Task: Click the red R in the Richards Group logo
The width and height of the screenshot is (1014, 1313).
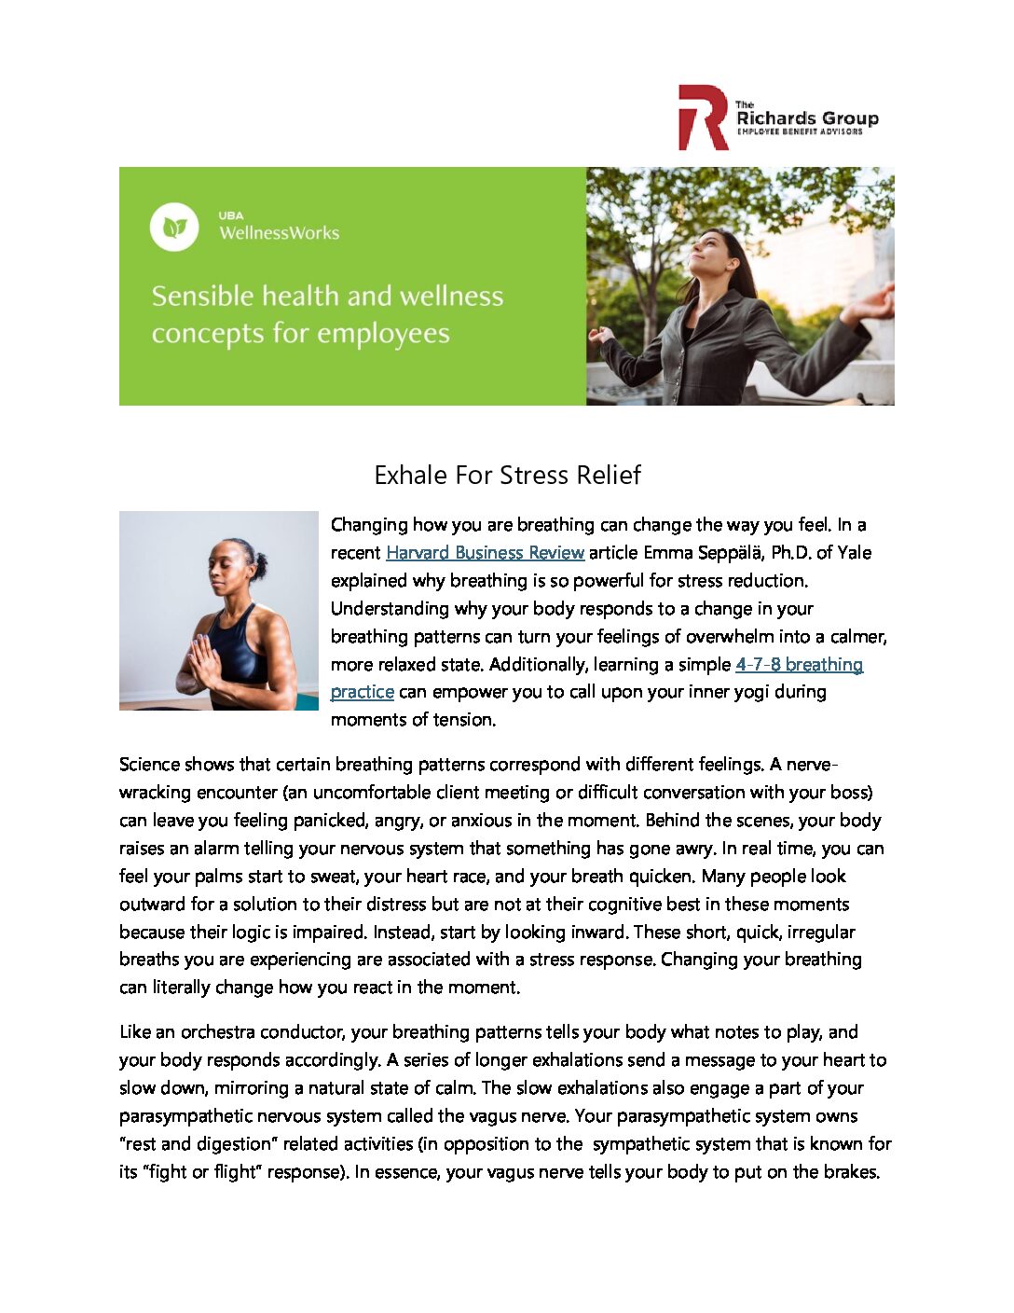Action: [x=702, y=117]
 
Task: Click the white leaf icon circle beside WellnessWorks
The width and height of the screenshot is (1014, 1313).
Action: [x=174, y=227]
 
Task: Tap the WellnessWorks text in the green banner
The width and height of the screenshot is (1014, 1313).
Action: [x=279, y=233]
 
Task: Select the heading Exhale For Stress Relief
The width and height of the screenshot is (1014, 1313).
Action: [x=507, y=476]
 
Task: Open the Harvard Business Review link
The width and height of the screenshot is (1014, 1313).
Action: [x=485, y=553]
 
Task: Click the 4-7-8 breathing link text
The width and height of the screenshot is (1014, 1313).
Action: [x=799, y=665]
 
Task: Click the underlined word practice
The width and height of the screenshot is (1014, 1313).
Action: [x=362, y=692]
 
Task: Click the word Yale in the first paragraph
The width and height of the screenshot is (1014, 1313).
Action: [x=855, y=553]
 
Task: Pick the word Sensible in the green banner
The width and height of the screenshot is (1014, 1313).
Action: [x=202, y=297]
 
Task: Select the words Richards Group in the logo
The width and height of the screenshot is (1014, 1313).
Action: [x=807, y=118]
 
